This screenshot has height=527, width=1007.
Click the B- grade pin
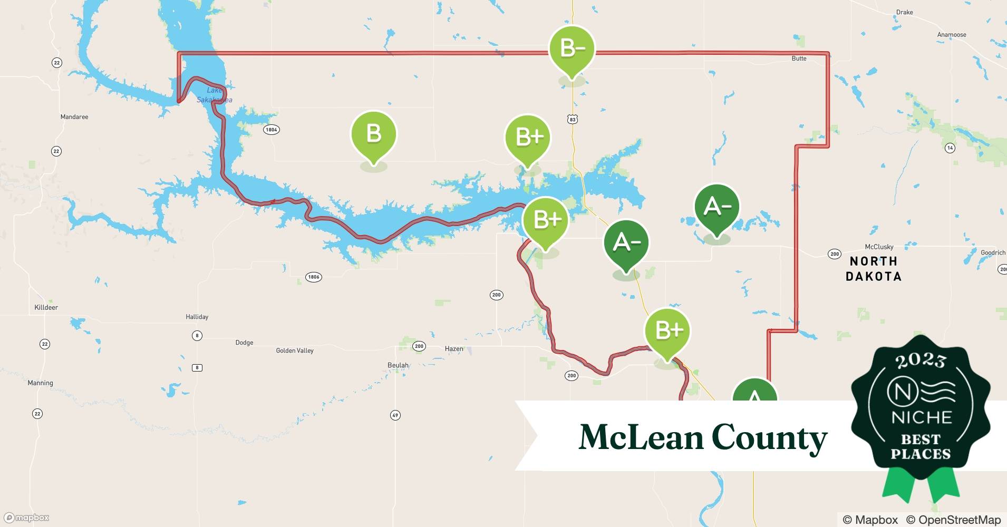(x=572, y=49)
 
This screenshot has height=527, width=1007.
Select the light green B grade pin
(x=374, y=134)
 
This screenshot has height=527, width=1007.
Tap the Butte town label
(x=799, y=58)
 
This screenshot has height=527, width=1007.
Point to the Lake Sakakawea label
(x=214, y=95)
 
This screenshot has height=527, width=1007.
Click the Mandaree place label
(x=74, y=117)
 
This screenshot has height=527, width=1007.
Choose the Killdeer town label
(x=46, y=307)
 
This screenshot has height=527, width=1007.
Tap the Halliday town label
(x=197, y=317)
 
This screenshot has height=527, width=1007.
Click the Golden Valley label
(x=295, y=350)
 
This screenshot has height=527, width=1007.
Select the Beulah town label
(x=398, y=365)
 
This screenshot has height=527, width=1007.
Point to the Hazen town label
(x=454, y=349)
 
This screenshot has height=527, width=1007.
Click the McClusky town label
(x=879, y=247)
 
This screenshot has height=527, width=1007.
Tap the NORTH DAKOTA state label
(x=874, y=269)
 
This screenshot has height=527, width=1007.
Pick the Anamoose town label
(x=952, y=35)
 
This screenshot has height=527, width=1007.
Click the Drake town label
(x=905, y=12)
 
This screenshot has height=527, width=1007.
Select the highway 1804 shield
(x=271, y=130)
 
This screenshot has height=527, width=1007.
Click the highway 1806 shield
(x=314, y=277)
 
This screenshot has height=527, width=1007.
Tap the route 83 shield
(x=573, y=120)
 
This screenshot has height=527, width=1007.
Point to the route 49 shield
(x=395, y=415)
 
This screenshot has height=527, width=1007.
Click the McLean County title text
(x=703, y=437)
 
